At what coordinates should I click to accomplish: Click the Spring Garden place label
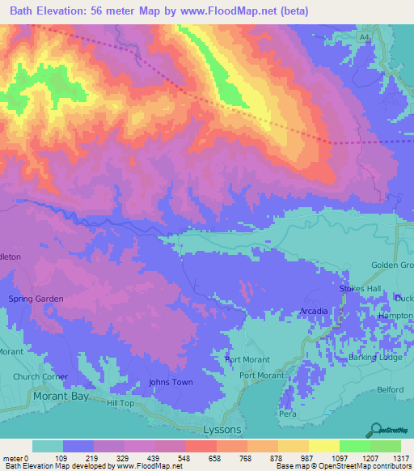tap(36, 299)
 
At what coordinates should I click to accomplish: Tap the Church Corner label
tap(40, 376)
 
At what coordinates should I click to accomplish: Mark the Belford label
tap(389, 389)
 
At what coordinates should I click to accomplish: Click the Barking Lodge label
tap(374, 357)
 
